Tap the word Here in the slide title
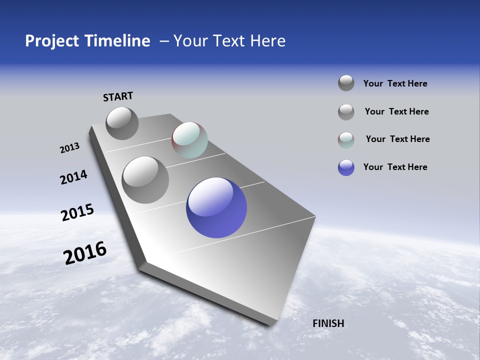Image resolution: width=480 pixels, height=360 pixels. pos(267,41)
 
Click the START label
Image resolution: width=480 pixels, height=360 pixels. pos(118,96)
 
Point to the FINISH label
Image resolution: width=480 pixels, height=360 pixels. pos(328,323)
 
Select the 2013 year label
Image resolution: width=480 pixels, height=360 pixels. pos(69,148)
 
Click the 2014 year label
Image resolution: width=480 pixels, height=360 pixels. pos(73,177)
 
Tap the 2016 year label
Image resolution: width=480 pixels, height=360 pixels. pos(85,253)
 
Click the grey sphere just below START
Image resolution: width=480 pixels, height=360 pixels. pos(122,123)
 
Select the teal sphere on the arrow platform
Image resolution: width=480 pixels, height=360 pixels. pos(189,140)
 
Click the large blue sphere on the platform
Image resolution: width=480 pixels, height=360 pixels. pos(216,207)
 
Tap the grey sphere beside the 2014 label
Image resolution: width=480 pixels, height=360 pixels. pos(145,179)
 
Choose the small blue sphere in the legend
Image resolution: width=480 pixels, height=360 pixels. pos(346,167)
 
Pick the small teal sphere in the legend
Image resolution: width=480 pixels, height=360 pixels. pos(346,140)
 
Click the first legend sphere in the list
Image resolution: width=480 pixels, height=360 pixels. pos(346,83)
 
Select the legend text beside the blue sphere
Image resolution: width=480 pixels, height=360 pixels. pos(395,167)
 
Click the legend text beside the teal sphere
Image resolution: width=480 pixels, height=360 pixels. pos(397,139)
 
